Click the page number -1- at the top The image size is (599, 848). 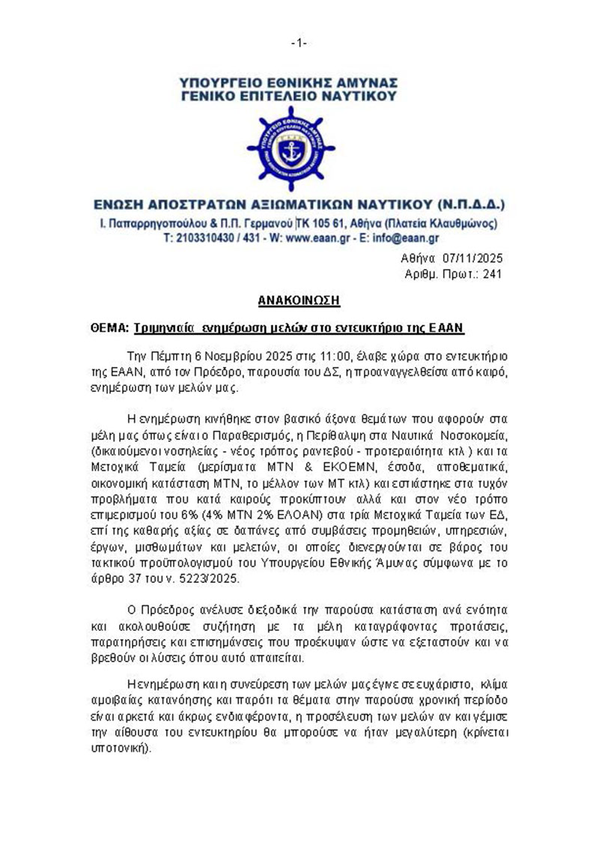tap(299, 43)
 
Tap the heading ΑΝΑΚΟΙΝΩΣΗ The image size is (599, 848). tap(299, 300)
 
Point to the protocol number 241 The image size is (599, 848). tap(492, 274)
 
